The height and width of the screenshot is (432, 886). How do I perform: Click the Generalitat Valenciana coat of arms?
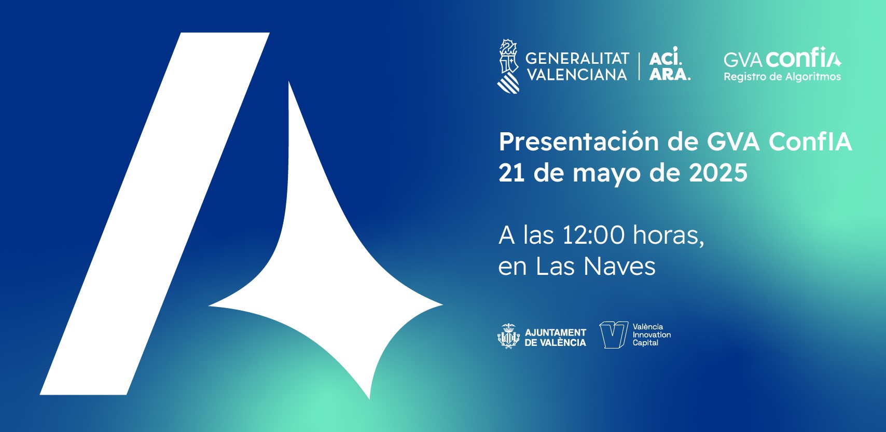pos(508,66)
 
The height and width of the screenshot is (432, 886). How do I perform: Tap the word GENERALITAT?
pos(577,59)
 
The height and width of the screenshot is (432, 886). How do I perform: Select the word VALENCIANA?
pos(577,75)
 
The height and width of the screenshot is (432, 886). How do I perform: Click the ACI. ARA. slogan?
pos(670,64)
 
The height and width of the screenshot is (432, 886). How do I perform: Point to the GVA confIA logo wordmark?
pos(782,58)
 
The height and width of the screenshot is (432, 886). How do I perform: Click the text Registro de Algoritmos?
pos(782,76)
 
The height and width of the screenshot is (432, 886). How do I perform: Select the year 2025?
pos(718,173)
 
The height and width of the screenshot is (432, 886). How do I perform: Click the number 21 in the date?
pos(511,173)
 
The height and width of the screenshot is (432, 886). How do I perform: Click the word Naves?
pos(619,267)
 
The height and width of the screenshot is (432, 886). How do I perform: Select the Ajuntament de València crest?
pos(508,336)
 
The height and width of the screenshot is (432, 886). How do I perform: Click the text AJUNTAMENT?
pos(556,333)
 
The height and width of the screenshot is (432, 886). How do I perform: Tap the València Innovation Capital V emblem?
pos(614,335)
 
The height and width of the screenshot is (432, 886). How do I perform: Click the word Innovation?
pos(652,335)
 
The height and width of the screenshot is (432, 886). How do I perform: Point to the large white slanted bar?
pos(155,214)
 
